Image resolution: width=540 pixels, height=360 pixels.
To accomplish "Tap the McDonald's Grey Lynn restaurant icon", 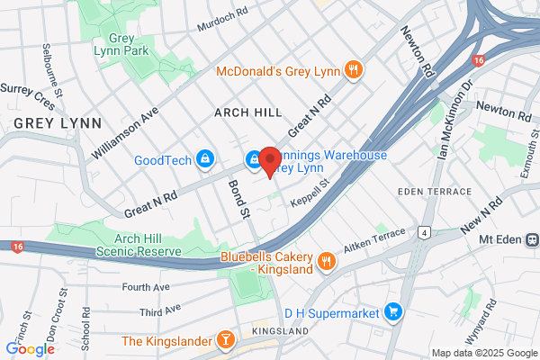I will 355,68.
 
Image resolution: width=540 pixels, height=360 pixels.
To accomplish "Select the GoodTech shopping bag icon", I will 206,159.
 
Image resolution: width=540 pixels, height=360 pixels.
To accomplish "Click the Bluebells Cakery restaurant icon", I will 326,262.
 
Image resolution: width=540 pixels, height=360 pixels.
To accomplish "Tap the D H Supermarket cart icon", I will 392,312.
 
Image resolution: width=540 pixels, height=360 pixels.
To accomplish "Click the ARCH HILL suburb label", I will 247,112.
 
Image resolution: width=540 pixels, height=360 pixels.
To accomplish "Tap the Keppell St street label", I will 310,193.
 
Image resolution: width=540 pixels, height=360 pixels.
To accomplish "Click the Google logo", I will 31,348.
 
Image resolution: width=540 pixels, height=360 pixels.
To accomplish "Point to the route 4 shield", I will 423,232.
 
